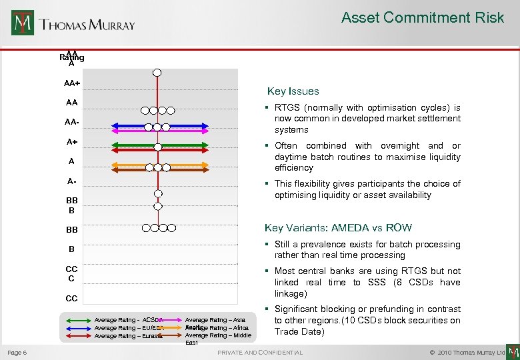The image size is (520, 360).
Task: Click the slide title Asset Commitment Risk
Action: pos(423,18)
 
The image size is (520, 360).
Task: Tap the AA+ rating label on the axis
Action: pos(71,84)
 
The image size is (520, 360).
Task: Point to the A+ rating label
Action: pos(71,142)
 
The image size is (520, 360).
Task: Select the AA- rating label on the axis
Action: pos(71,123)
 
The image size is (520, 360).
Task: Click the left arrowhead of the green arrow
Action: pos(93,145)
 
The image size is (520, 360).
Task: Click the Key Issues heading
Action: pos(293,91)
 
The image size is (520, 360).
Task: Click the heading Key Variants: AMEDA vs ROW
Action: pos(338,228)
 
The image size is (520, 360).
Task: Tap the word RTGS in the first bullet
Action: pos(287,107)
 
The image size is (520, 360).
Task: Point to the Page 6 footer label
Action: pos(17,352)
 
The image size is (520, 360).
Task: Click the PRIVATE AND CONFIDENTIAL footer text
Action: pos(260,352)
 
